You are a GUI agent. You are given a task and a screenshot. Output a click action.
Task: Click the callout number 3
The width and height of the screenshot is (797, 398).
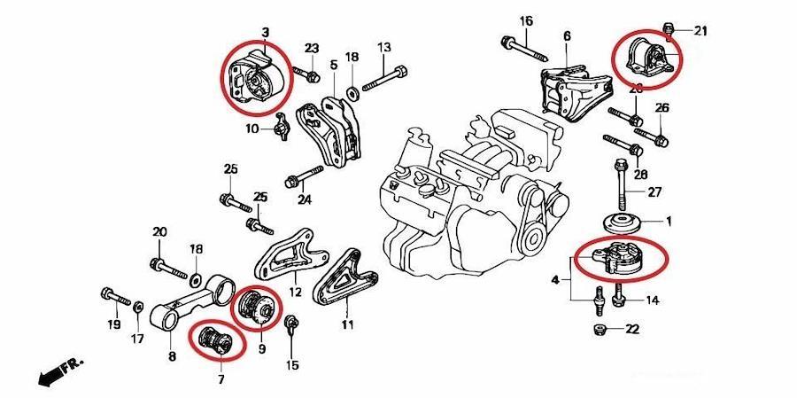(x=264, y=34)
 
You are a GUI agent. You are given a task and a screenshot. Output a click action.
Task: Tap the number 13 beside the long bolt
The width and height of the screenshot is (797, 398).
(x=383, y=47)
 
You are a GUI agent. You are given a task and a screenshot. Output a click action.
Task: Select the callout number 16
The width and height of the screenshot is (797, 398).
(x=526, y=20)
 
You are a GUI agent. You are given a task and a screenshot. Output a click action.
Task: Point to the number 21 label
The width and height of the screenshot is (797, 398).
(x=700, y=32)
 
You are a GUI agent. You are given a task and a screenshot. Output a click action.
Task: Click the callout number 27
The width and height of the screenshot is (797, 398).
(x=654, y=191)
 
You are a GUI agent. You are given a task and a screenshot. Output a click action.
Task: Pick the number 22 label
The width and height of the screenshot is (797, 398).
(x=631, y=330)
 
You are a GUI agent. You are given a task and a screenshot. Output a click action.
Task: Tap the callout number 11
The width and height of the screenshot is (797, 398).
(x=348, y=324)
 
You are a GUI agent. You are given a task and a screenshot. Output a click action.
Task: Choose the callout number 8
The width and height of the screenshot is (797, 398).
(x=172, y=357)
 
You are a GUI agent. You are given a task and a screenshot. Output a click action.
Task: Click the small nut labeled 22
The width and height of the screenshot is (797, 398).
(x=600, y=331)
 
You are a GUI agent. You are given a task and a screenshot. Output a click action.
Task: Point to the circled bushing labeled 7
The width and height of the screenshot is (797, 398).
(x=214, y=341)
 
